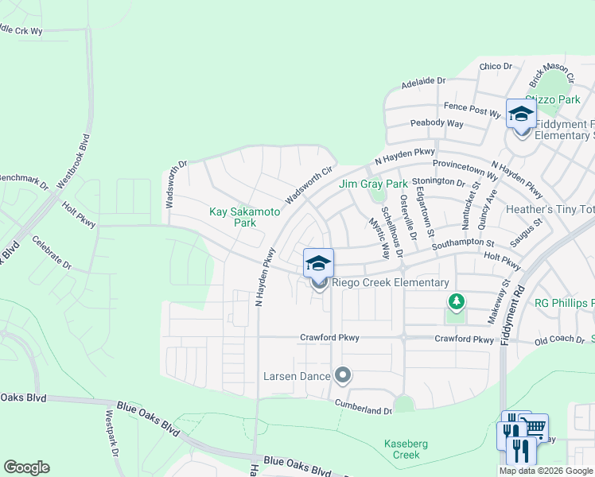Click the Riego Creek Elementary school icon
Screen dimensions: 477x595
pyautogui.click(x=318, y=263)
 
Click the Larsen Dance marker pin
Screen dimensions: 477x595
pyautogui.click(x=343, y=374)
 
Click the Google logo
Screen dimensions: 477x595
pyautogui.click(x=26, y=467)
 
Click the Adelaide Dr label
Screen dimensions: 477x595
pyautogui.click(x=424, y=81)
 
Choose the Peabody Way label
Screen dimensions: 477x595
pyautogui.click(x=437, y=123)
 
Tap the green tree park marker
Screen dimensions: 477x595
pyautogui.click(x=456, y=302)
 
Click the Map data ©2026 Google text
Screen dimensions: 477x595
pyautogui.click(x=546, y=471)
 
